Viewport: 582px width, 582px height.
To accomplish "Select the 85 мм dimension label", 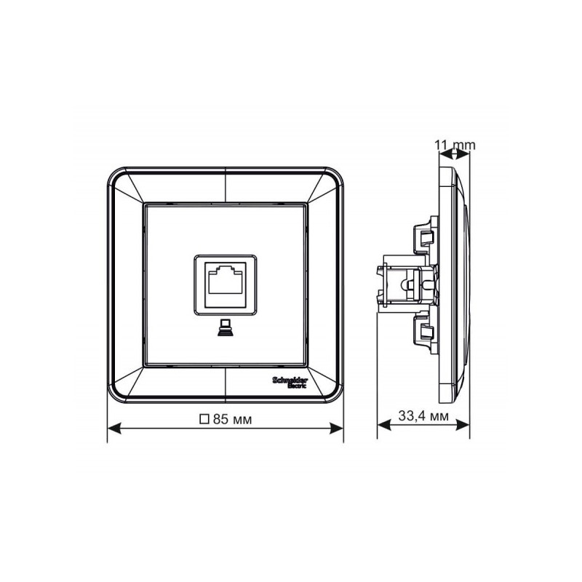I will (x=232, y=419).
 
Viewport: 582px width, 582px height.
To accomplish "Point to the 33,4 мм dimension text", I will (x=423, y=417).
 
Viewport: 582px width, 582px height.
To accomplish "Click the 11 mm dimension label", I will (x=455, y=145).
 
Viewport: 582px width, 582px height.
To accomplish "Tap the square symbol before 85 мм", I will (x=204, y=419).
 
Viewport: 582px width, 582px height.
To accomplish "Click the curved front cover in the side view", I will (x=461, y=284).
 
